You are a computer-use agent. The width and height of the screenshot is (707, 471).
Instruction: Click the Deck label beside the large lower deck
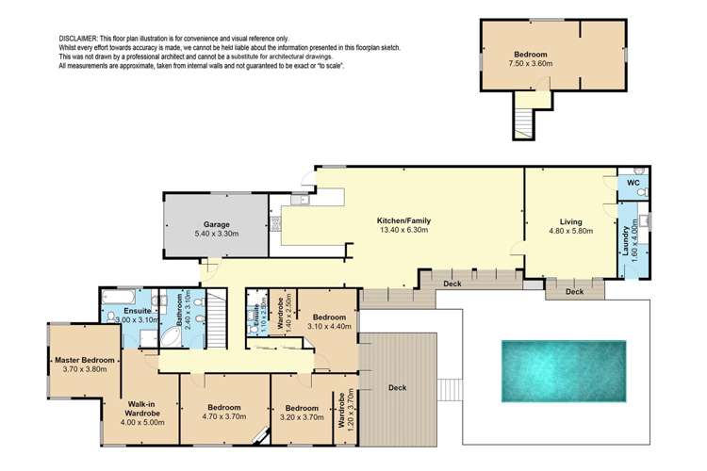click(397, 387)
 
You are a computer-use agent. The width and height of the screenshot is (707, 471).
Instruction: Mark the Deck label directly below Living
click(575, 292)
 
